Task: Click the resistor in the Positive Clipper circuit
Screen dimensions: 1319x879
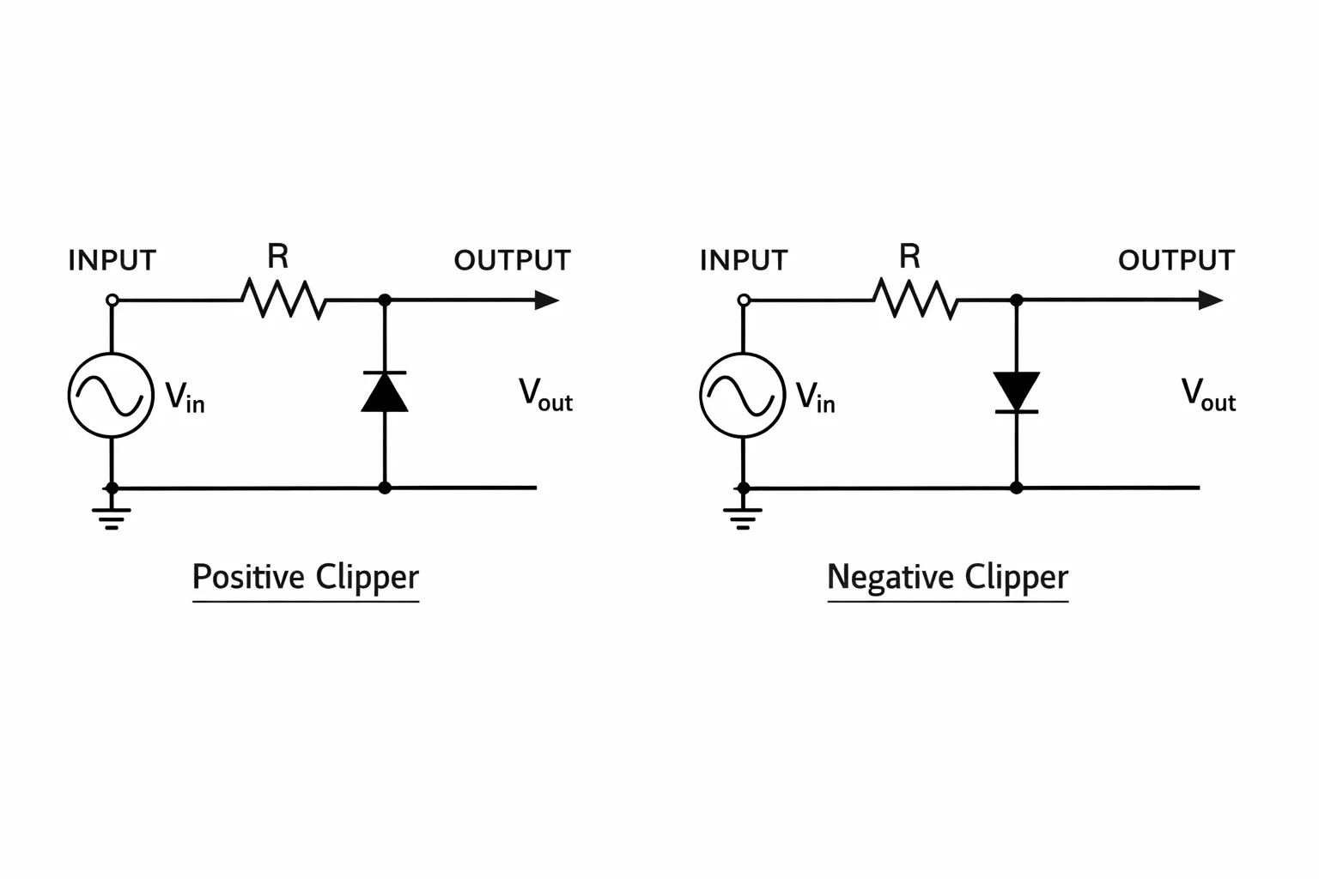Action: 283,299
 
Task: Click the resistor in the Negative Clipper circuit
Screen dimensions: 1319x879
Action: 915,299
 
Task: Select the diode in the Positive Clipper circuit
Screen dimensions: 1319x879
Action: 385,392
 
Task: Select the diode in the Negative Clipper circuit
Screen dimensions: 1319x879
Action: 1017,392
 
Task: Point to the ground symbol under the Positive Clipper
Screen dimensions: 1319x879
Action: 112,518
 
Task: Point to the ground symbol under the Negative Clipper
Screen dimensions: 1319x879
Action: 743,518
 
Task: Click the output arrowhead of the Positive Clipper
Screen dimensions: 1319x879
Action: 547,300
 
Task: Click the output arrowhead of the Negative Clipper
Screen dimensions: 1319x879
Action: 1212,300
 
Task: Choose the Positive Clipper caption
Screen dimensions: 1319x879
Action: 306,577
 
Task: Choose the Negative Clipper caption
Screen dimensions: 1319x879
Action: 947,577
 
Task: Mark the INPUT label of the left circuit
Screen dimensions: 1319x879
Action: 112,260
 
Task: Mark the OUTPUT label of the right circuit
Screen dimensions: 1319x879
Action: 1176,260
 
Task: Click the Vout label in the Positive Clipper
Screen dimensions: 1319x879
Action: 545,395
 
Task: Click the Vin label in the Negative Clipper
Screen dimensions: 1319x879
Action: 815,397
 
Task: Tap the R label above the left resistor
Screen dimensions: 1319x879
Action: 278,256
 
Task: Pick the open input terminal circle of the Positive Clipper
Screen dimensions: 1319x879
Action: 112,300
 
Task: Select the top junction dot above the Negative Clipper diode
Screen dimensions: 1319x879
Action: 1017,300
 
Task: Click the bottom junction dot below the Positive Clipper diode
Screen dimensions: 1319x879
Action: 385,488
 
